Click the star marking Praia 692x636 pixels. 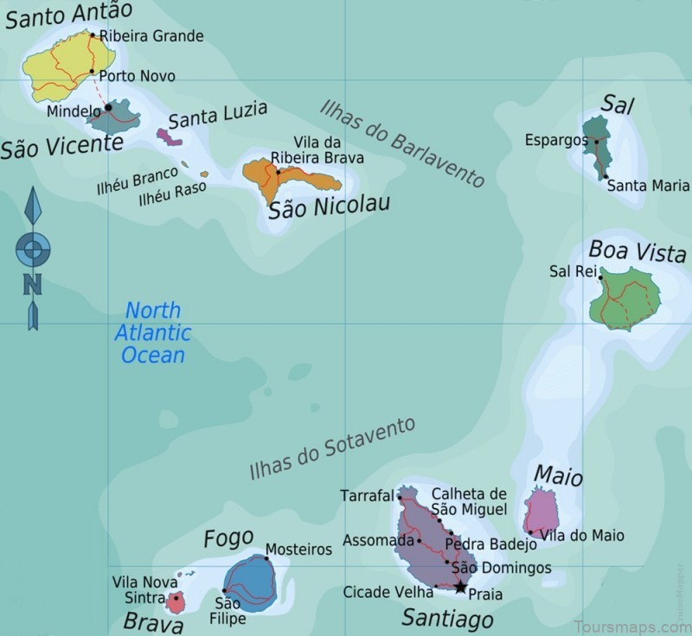460,588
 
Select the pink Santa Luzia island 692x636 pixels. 168,136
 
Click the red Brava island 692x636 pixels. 176,601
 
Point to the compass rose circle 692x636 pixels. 33,251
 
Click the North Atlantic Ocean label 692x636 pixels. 153,332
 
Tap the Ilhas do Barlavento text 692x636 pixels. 402,143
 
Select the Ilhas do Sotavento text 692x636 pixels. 332,448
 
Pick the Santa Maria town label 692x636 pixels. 648,185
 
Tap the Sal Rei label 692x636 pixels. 573,270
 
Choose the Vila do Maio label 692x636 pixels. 582,536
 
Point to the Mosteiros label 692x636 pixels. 298,550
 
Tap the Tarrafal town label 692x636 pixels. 367,496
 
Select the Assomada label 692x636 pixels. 378,541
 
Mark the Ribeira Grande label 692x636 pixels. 151,36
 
